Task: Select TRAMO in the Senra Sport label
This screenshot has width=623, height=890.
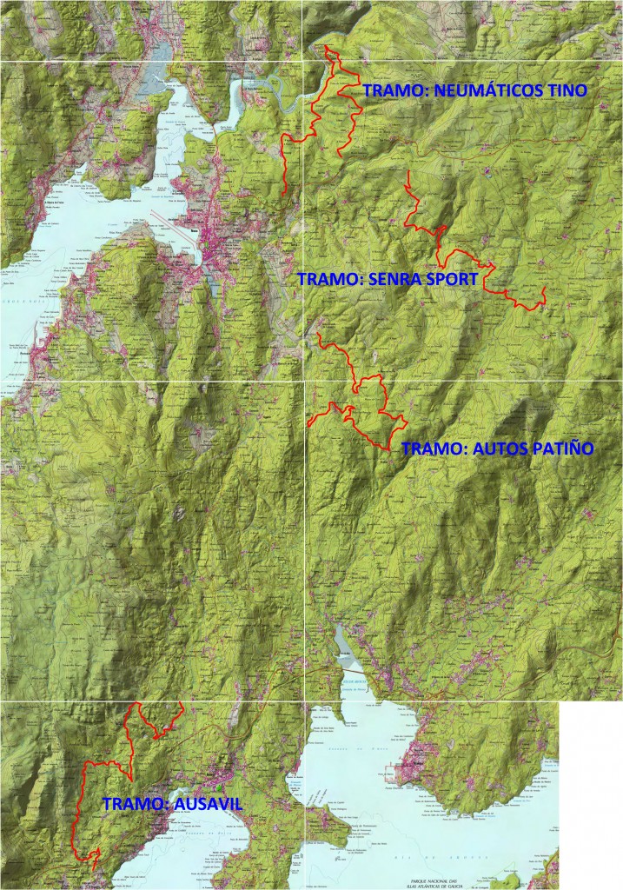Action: coord(328,280)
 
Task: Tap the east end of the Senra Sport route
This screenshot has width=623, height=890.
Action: coord(544,288)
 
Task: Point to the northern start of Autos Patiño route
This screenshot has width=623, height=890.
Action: coord(319,333)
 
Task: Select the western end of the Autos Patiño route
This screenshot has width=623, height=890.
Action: coord(308,424)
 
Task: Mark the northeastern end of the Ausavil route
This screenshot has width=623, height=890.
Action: coord(180,702)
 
